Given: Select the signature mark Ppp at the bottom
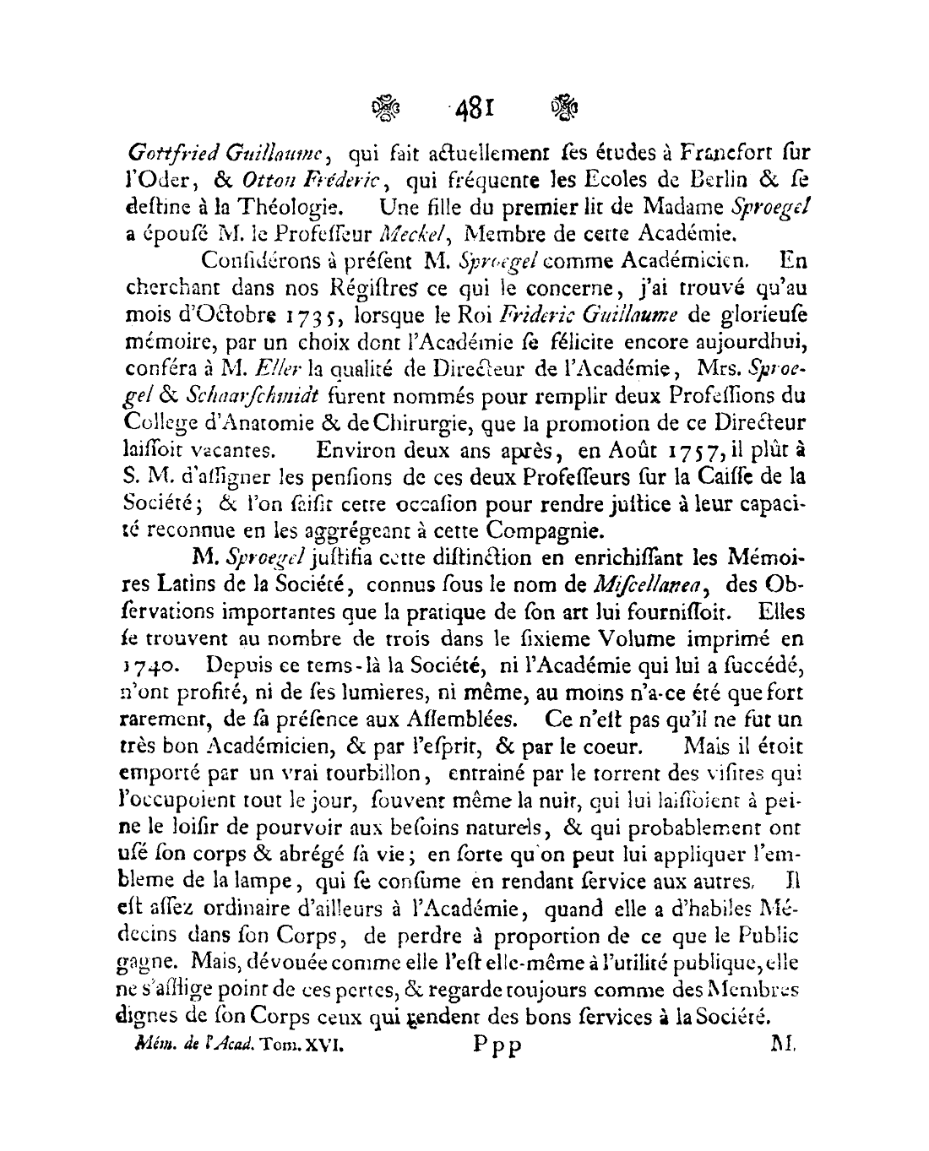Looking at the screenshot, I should tap(497, 1045).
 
